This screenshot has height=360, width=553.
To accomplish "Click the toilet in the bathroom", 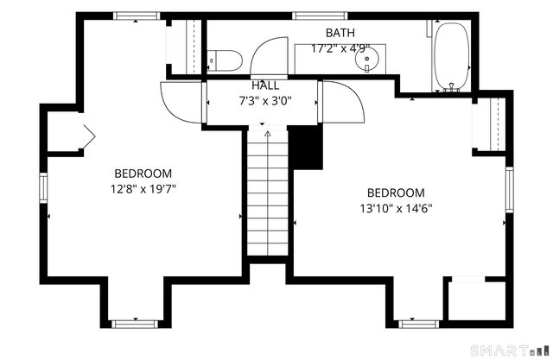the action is [x=225, y=60].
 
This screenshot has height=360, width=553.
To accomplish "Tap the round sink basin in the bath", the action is [x=366, y=59].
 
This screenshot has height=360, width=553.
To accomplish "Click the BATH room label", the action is [x=340, y=33].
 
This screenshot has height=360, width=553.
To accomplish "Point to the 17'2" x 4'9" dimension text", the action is [x=340, y=48].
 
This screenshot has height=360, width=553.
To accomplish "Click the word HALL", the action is [x=265, y=85].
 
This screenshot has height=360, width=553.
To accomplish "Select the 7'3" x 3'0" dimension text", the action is [x=265, y=102].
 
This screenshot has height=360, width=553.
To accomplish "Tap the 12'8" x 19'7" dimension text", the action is [x=143, y=190].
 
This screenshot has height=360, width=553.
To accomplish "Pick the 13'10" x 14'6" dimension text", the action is [x=396, y=209].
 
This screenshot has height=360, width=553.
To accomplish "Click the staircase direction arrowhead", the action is [x=268, y=134].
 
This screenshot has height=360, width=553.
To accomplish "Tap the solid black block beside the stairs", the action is [x=306, y=148].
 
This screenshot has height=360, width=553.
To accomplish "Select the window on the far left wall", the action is [x=43, y=187].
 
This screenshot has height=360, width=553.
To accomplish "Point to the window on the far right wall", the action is [x=510, y=190].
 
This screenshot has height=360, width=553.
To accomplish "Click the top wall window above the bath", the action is [x=320, y=16].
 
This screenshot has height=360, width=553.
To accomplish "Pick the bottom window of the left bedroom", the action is [x=135, y=324].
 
